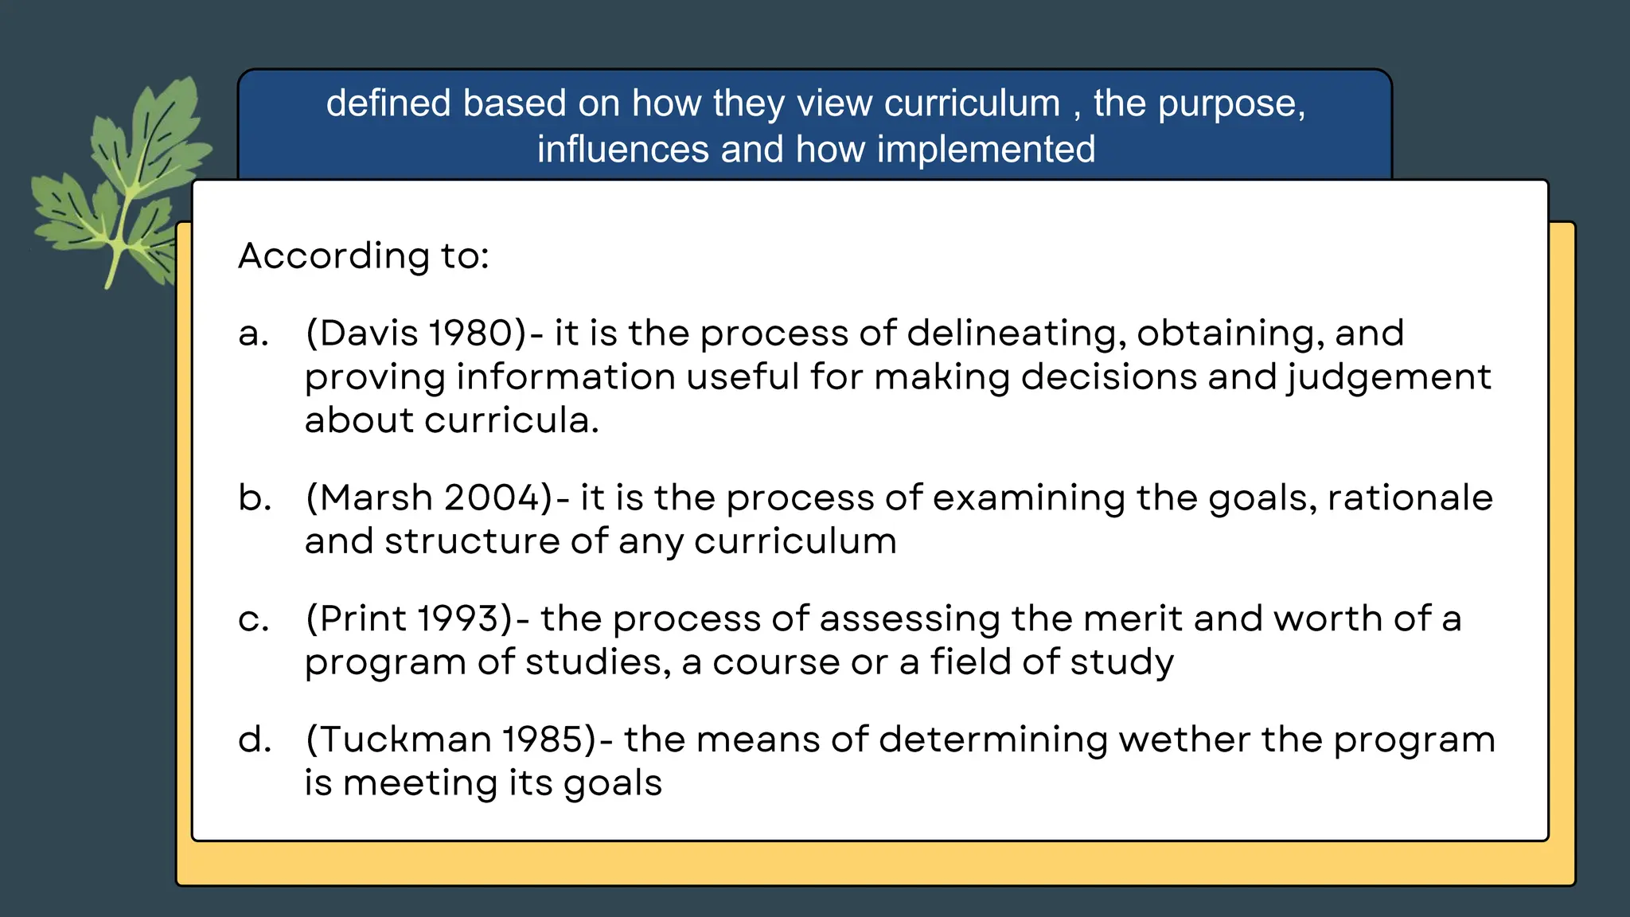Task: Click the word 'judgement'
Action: (1389, 377)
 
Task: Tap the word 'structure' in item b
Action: (472, 541)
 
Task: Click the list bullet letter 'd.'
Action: (254, 740)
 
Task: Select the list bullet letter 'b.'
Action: (254, 498)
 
